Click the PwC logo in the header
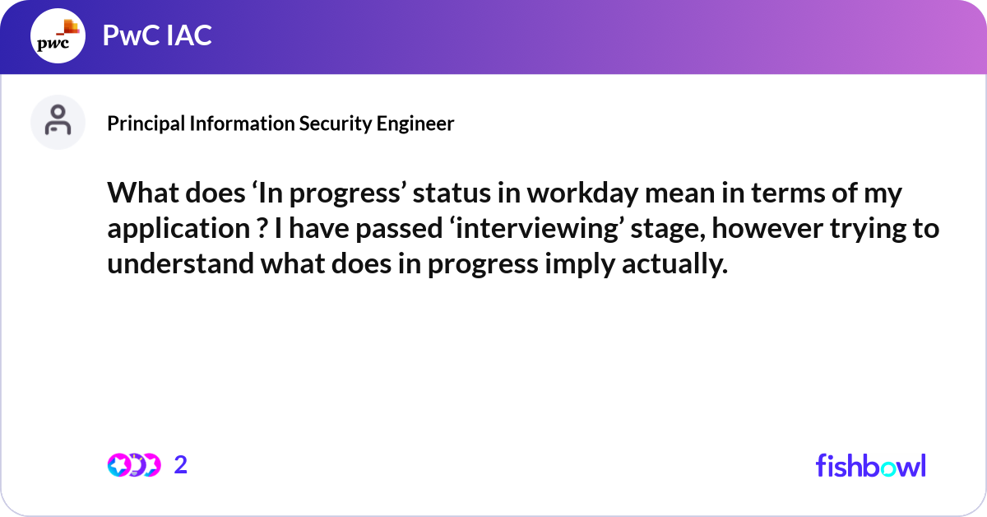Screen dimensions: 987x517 58,35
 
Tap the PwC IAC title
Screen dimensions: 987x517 157,35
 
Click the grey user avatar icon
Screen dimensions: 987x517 58,122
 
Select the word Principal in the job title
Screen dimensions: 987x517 146,124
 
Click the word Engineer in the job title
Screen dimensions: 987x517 415,124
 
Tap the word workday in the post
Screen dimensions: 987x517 582,194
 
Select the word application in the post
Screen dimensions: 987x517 179,230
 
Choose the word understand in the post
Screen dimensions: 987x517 181,263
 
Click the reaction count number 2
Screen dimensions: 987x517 181,465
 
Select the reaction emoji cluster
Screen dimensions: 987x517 134,465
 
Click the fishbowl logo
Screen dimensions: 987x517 871,465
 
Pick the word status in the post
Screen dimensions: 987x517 452,193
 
